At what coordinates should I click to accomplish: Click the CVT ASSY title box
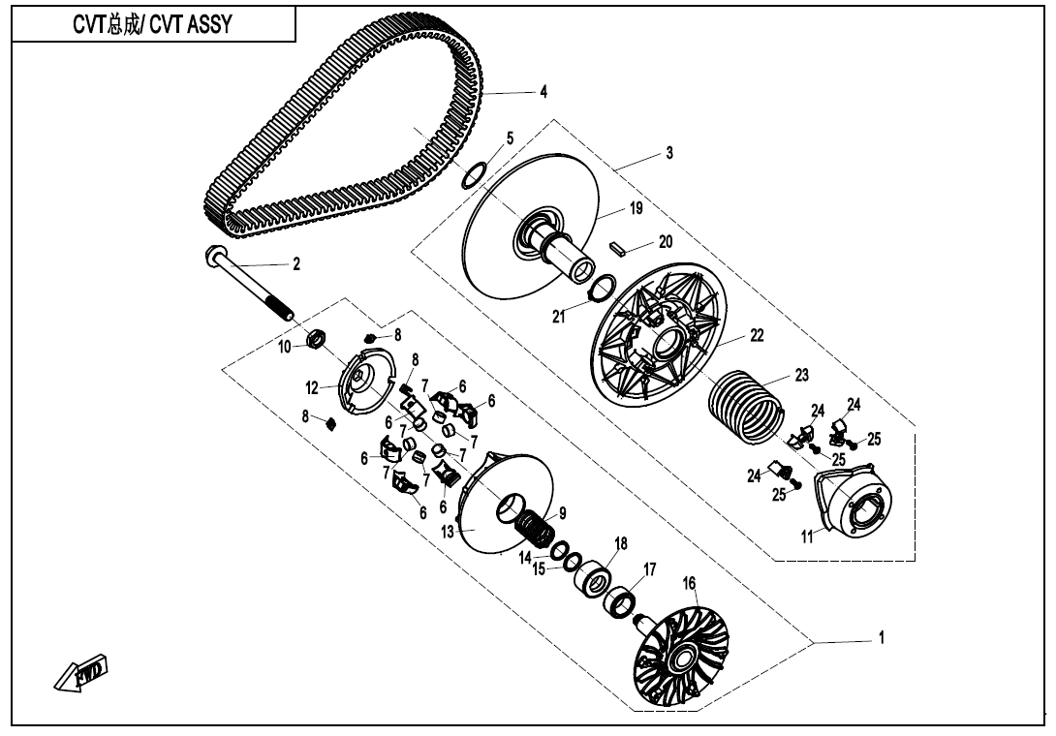click(152, 26)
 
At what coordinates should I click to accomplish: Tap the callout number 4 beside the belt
click(544, 92)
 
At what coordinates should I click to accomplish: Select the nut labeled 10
click(314, 340)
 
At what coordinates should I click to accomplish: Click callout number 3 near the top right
click(668, 154)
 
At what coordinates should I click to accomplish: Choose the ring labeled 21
click(603, 287)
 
